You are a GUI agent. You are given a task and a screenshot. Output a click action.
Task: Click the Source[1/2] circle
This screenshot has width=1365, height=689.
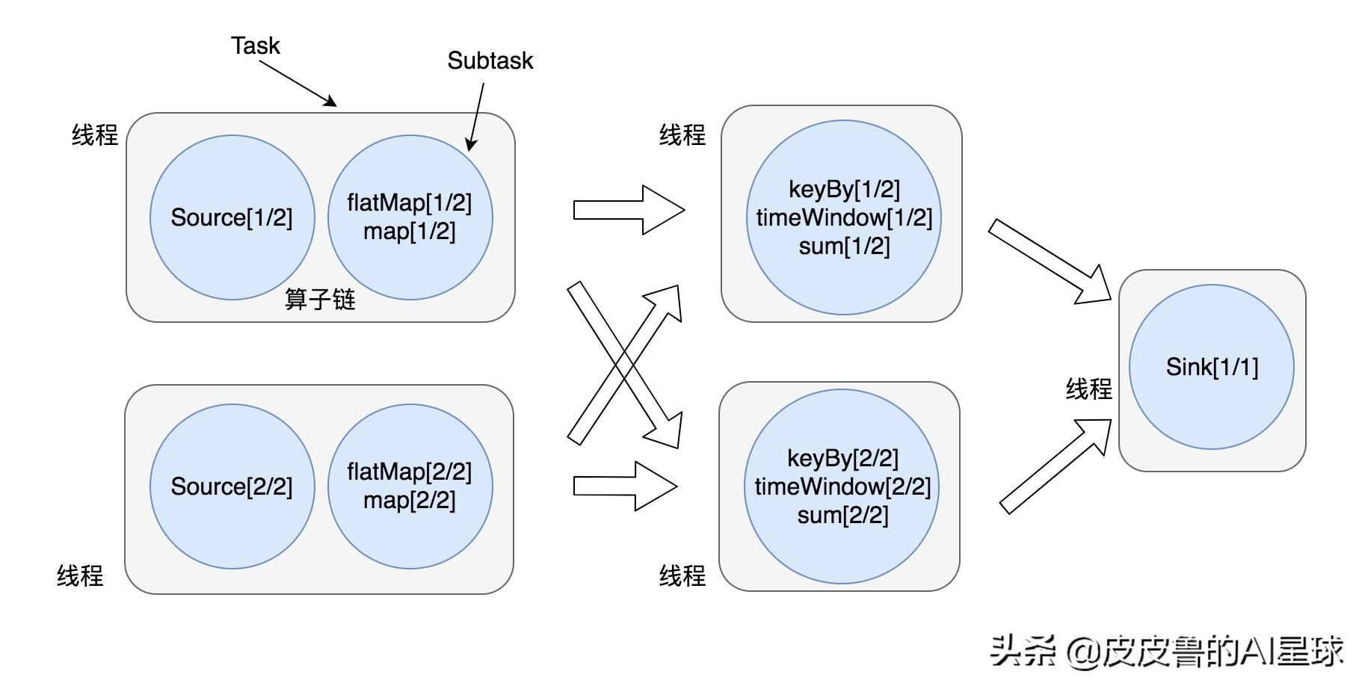coord(232,217)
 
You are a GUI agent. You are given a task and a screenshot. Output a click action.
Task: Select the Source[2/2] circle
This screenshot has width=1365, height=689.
coord(232,486)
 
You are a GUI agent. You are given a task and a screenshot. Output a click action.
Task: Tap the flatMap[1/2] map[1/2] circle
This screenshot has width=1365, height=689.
coord(410,217)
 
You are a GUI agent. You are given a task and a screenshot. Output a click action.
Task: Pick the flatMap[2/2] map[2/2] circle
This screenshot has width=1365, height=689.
coord(410,486)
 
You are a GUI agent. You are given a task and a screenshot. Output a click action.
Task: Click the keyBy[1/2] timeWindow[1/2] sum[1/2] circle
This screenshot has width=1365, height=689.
coord(844,217)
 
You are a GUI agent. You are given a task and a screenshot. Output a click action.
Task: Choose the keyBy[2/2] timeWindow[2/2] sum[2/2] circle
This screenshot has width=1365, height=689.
coord(842,486)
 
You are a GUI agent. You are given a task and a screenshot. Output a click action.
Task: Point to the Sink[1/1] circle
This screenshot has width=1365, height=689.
coord(1212,367)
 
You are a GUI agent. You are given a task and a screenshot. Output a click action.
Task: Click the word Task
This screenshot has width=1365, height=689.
coord(255,46)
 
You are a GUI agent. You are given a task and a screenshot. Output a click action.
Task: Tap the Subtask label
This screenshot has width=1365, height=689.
coord(490,61)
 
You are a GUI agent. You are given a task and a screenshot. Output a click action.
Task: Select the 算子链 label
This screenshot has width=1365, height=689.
coord(320,299)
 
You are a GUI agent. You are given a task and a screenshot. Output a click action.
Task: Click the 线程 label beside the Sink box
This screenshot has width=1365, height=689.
coord(1089,389)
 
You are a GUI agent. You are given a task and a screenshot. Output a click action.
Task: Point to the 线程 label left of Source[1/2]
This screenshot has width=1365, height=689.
coord(95,135)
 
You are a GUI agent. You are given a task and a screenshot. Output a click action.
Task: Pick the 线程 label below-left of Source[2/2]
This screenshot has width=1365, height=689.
coord(80,575)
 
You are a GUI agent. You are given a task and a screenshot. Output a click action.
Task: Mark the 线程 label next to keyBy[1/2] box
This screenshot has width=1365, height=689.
coord(682,135)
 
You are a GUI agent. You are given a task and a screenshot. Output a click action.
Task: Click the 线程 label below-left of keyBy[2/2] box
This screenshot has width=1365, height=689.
coord(682,575)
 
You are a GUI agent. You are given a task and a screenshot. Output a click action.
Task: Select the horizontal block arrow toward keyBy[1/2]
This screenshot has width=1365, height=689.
coord(629,210)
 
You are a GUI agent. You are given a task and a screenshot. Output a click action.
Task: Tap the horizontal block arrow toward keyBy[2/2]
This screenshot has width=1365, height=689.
coord(625,486)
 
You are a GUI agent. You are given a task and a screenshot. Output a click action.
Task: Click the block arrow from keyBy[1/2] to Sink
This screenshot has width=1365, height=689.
coord(1050,262)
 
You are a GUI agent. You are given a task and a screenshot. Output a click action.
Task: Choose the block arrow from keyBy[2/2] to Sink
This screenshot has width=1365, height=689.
coord(1056,466)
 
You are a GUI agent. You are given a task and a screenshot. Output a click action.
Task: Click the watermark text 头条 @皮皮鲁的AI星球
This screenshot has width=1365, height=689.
coord(1167,651)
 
